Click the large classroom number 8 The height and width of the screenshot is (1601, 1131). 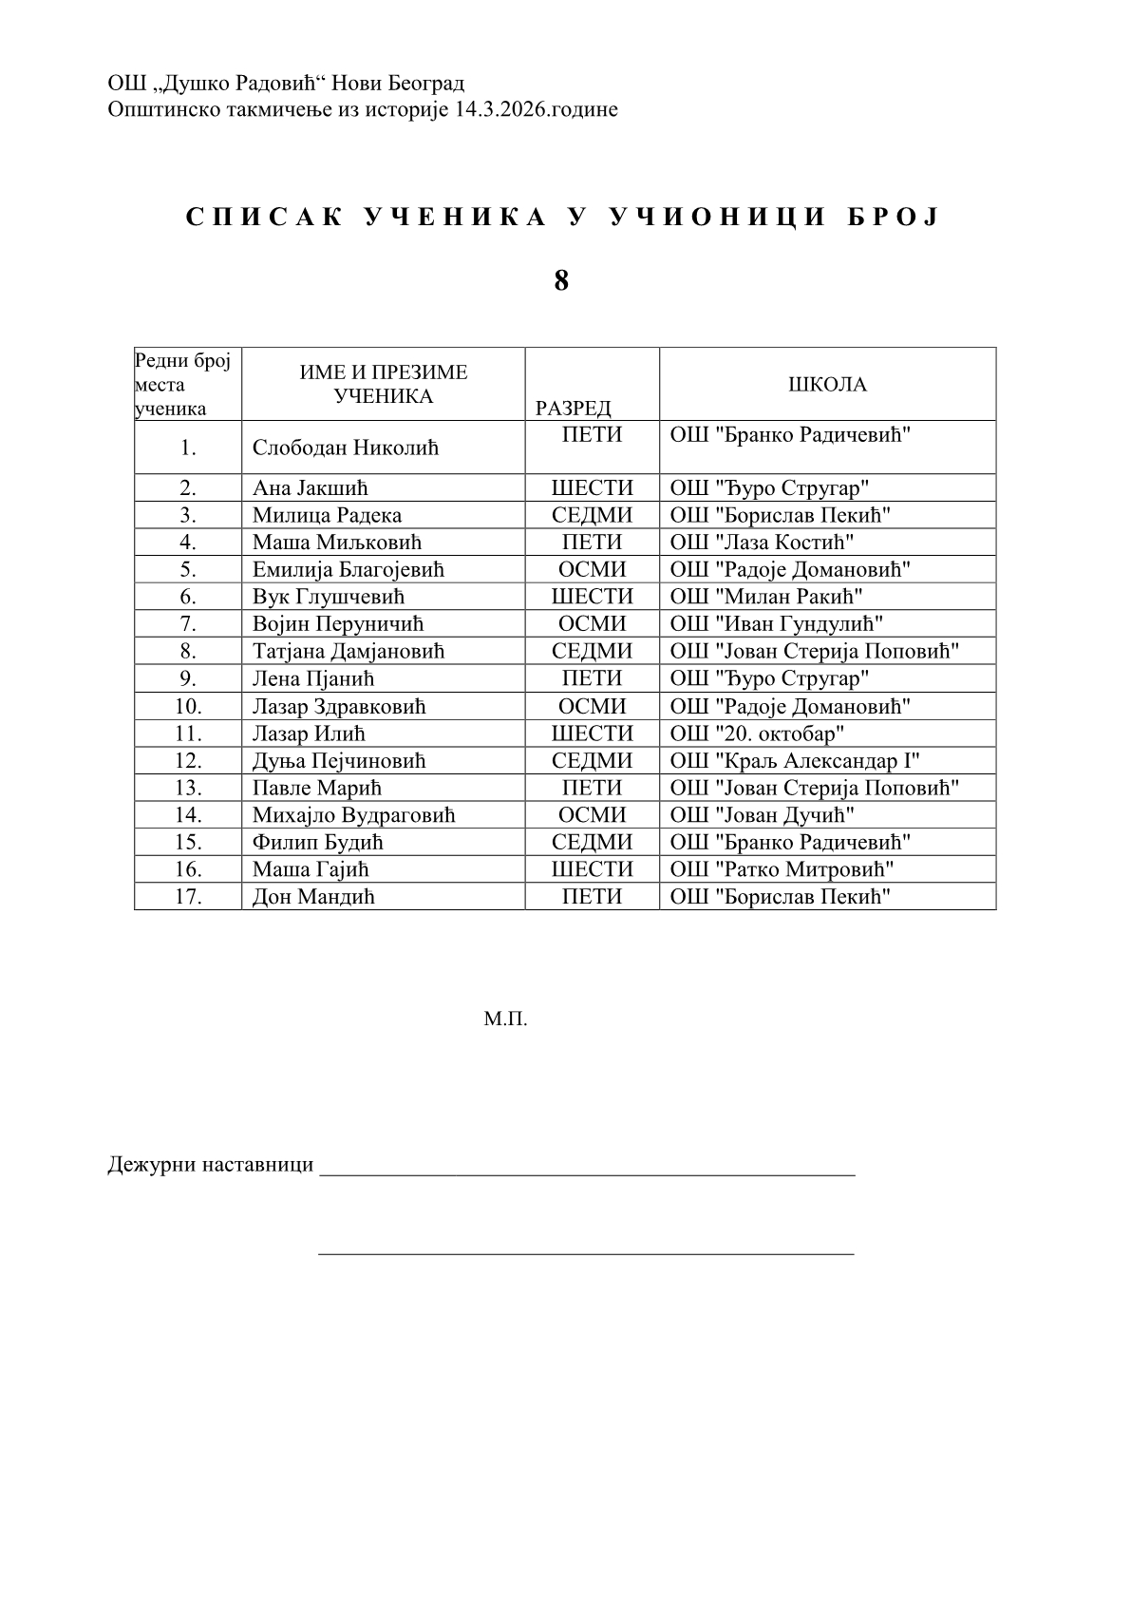coord(561,280)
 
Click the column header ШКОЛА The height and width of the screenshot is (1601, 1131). coord(827,385)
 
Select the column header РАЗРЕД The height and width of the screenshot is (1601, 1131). coord(573,409)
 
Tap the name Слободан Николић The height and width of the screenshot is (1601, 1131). coord(346,448)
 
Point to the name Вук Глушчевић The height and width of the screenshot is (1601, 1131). coord(329,597)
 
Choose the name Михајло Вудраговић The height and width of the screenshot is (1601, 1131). coord(353,815)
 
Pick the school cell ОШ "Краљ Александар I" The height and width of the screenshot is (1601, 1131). coord(795,761)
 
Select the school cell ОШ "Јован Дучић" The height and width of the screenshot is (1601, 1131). coord(762,815)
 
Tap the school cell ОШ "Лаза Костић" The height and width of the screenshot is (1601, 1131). coord(762,543)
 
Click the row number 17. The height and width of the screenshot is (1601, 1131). coord(188,897)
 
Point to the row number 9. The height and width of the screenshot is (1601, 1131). coord(188,678)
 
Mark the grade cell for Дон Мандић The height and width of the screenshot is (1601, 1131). coord(592,897)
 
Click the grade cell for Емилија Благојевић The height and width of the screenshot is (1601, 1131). coord(592,570)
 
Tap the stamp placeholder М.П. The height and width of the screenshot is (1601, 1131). coord(505,1020)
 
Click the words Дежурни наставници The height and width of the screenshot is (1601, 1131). coord(210,1165)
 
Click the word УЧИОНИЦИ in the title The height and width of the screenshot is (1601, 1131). coord(716,218)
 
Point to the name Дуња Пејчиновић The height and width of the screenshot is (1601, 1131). coord(339,761)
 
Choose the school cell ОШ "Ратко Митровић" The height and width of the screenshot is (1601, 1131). coord(782,869)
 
